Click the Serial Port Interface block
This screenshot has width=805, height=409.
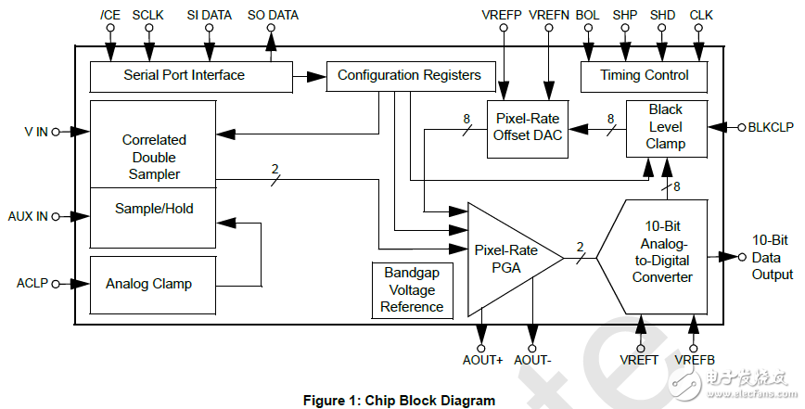click(x=184, y=75)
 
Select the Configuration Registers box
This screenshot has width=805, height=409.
click(x=409, y=75)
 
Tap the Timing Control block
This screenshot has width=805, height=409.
click(x=644, y=75)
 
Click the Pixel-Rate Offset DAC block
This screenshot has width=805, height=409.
click(x=527, y=130)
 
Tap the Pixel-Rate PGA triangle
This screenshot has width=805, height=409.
click(x=505, y=258)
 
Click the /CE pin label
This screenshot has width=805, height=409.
click(x=109, y=16)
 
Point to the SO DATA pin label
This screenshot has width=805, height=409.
click(x=273, y=16)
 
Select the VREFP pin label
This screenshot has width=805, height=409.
click(x=503, y=16)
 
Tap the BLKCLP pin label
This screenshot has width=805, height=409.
click(x=771, y=127)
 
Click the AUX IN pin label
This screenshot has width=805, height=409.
click(x=27, y=216)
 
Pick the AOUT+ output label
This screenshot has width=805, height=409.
click(x=482, y=360)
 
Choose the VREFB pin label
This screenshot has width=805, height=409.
click(x=695, y=360)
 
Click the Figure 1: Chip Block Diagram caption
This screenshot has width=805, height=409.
click(x=400, y=401)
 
